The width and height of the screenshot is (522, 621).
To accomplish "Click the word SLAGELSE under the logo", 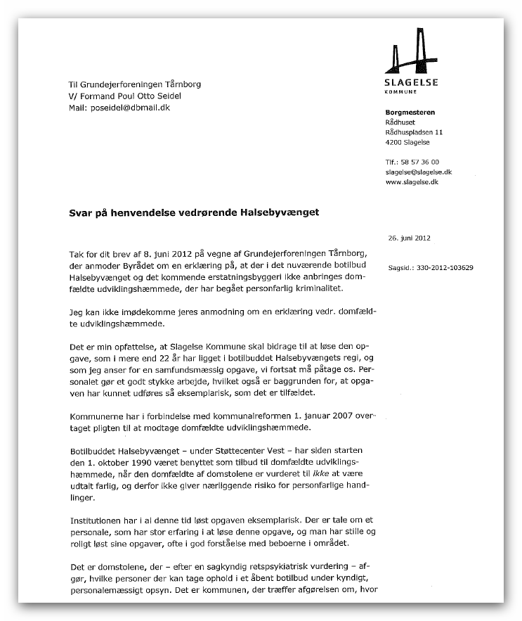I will click(x=412, y=82).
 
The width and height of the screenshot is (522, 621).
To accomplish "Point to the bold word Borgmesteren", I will click(x=410, y=113).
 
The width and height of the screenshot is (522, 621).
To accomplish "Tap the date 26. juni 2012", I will click(x=409, y=238).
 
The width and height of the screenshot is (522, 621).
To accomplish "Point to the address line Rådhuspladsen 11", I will click(x=414, y=132).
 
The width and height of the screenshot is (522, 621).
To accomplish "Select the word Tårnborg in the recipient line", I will click(x=182, y=84).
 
